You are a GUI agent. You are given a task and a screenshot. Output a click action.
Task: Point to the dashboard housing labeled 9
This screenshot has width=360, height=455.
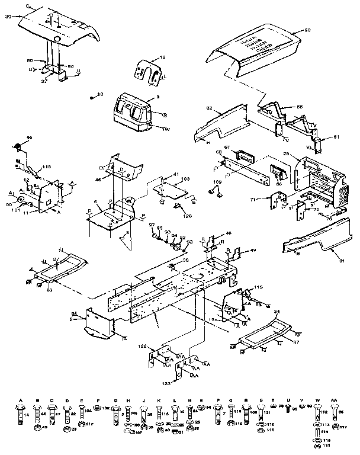[133, 113]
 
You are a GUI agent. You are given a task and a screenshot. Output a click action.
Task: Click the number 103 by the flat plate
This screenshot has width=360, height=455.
[185, 178]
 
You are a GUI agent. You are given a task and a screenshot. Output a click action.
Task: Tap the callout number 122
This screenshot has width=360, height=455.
[143, 345]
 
